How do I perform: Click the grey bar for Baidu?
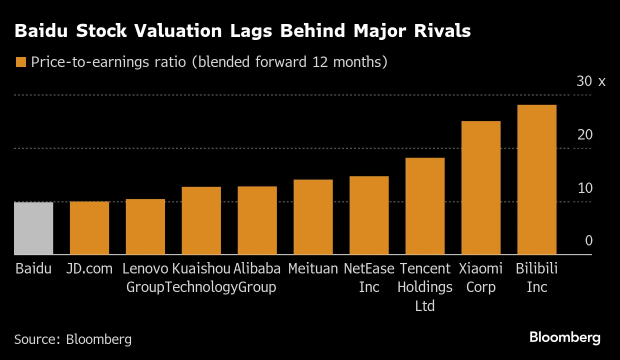33,228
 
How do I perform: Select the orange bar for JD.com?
89,228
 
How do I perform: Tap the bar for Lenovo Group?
145,227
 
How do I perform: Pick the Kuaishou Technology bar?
201,221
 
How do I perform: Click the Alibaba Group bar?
257,220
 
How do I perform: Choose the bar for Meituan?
313,217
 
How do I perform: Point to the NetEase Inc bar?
369,215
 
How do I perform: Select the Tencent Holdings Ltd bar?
425,206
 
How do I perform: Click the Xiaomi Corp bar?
481,188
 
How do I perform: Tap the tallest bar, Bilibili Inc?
537,180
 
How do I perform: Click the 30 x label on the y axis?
590,81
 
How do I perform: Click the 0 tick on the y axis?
588,241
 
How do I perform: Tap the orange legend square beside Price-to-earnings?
20,62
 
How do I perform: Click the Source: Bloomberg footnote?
73,339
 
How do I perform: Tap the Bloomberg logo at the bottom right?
564,337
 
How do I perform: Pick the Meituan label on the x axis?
313,268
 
